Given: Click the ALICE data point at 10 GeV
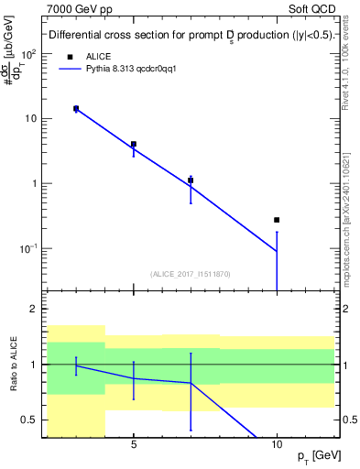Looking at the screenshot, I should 277,220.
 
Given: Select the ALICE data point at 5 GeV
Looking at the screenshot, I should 134,144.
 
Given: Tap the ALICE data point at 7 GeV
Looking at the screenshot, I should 191,180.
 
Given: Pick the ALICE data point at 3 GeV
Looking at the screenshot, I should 76,108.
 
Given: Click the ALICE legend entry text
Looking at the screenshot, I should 98,56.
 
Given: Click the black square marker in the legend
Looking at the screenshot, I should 70,56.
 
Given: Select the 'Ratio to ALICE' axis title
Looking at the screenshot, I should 13,364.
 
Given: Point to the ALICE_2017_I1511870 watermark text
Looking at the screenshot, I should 190,274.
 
